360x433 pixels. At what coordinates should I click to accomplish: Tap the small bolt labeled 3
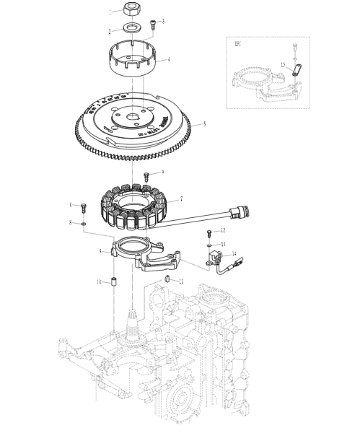point(153,24)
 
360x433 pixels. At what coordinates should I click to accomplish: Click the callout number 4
point(169,59)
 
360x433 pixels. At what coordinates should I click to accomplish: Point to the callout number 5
point(204,124)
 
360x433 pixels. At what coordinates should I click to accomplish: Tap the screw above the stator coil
point(146,175)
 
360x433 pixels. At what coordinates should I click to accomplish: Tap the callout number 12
point(222,229)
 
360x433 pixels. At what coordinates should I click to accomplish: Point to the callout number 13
point(222,244)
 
